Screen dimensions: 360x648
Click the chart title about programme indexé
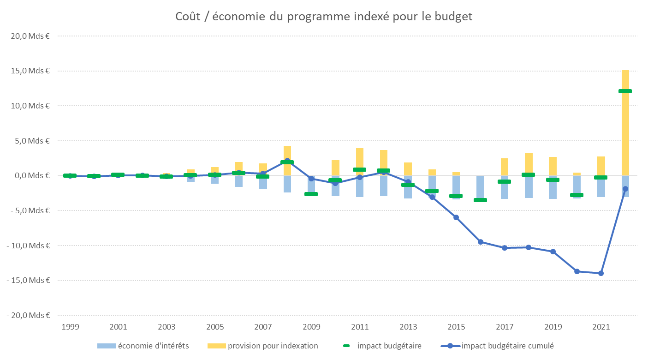click(x=324, y=17)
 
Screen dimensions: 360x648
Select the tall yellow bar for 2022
click(x=625, y=129)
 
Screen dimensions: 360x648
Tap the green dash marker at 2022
click(x=625, y=91)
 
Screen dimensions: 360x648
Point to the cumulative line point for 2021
click(x=600, y=273)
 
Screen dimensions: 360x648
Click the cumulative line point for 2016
click(x=480, y=242)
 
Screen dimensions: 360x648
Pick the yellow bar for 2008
click(x=287, y=153)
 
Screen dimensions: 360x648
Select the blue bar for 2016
click(x=480, y=187)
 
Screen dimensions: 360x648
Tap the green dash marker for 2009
click(x=311, y=194)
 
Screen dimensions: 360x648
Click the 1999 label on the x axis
click(x=70, y=327)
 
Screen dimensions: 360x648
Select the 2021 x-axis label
click(x=600, y=327)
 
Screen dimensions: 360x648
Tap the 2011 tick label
click(x=359, y=327)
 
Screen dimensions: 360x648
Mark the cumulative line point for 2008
click(x=287, y=161)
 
